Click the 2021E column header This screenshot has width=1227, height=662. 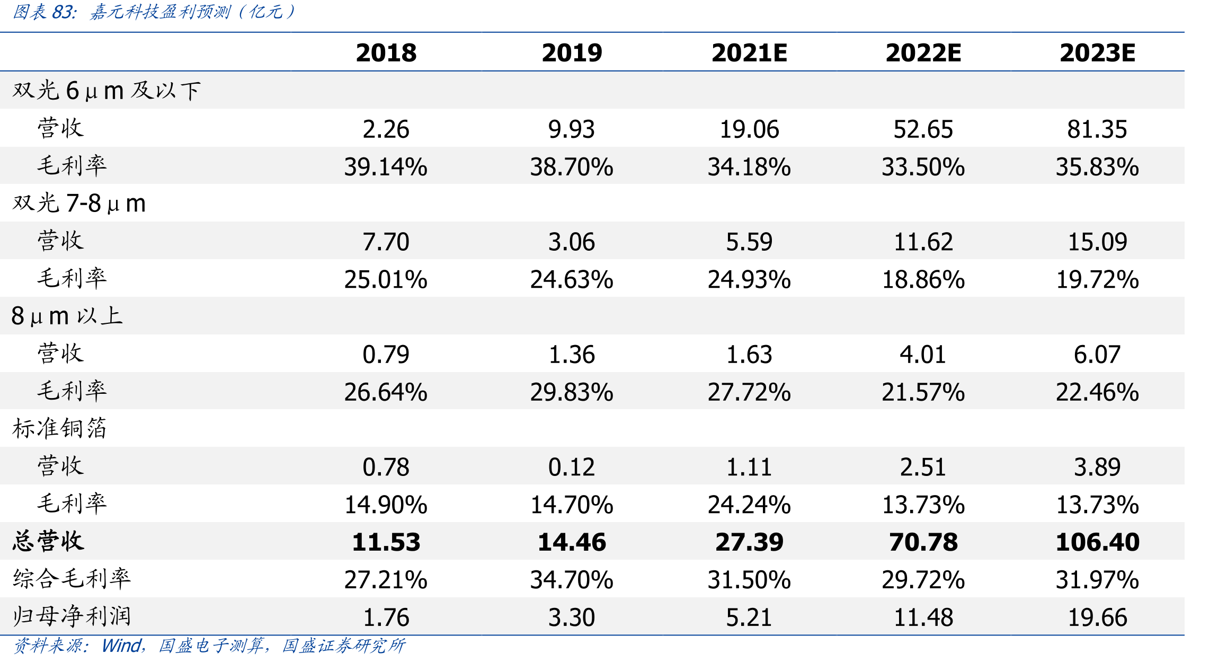749,53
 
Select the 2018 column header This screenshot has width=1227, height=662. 386,53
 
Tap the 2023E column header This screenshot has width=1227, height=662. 1097,53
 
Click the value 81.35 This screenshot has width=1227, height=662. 1097,129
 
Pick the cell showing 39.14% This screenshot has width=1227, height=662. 386,167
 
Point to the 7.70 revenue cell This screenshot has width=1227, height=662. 386,242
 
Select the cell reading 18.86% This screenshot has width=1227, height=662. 923,280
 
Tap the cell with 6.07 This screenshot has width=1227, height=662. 1097,355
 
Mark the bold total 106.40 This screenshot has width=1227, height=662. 1097,542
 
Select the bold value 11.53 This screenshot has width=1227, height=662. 386,542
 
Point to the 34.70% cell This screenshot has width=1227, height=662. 572,580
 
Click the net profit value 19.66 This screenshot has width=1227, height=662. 1097,617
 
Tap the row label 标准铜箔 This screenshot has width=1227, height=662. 60,428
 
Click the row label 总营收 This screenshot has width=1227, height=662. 48,541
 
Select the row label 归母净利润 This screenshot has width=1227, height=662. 72,616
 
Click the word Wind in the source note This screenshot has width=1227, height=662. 121,646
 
